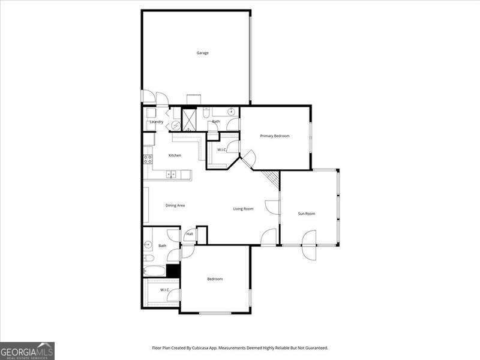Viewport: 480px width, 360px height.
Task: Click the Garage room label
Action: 203,53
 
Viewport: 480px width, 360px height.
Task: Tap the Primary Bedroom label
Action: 275,136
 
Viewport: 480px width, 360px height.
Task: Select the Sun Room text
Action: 307,214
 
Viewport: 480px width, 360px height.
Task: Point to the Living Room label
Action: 244,209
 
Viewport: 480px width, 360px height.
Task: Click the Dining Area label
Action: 175,205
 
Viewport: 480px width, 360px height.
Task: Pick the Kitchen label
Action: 175,155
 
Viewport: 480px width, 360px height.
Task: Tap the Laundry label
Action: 157,122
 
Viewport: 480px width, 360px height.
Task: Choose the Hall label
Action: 190,234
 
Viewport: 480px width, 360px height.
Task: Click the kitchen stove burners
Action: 147,160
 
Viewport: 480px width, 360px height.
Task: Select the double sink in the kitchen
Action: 172,175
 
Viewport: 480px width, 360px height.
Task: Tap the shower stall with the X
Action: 190,118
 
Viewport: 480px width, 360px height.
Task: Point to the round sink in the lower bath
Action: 148,245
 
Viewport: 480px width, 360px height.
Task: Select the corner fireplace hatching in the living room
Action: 272,178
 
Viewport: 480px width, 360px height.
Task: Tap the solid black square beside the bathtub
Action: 173,271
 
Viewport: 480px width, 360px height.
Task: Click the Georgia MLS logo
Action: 28,350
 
